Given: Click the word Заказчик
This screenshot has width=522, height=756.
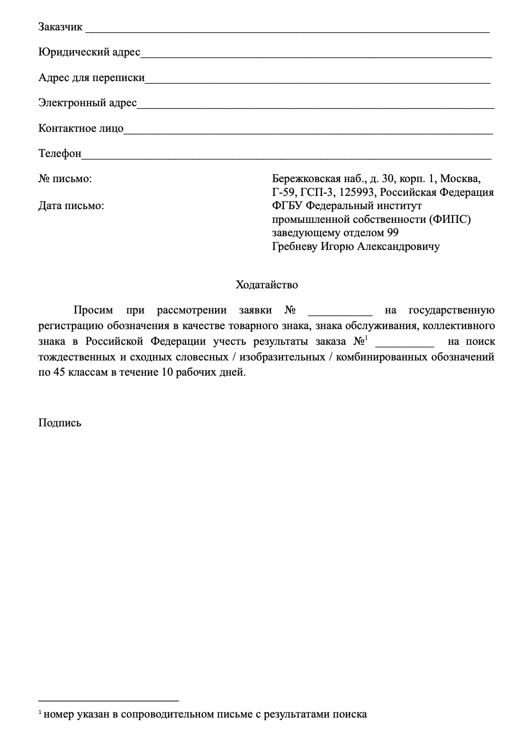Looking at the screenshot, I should click(x=60, y=27).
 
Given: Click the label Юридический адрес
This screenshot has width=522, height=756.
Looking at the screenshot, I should click(x=89, y=52).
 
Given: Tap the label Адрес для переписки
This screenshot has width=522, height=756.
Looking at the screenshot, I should click(x=91, y=78).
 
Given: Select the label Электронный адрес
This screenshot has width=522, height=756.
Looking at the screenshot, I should click(x=88, y=103).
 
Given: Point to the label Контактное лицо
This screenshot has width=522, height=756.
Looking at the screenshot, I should click(x=81, y=129).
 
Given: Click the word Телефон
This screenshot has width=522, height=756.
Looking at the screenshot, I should click(x=60, y=154).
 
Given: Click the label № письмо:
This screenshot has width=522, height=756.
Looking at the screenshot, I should click(x=65, y=179).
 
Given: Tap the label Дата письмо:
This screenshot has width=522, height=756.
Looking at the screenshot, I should click(x=71, y=206).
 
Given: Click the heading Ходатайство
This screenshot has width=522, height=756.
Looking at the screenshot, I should click(x=267, y=285).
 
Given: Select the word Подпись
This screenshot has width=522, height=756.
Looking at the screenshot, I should click(x=60, y=423).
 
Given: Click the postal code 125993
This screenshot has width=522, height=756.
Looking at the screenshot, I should click(x=358, y=193).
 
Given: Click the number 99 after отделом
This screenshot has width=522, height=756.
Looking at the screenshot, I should click(x=393, y=233).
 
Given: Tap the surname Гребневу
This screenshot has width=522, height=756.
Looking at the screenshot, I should click(x=295, y=247).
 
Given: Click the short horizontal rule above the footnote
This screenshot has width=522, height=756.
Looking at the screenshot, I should click(x=108, y=700).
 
